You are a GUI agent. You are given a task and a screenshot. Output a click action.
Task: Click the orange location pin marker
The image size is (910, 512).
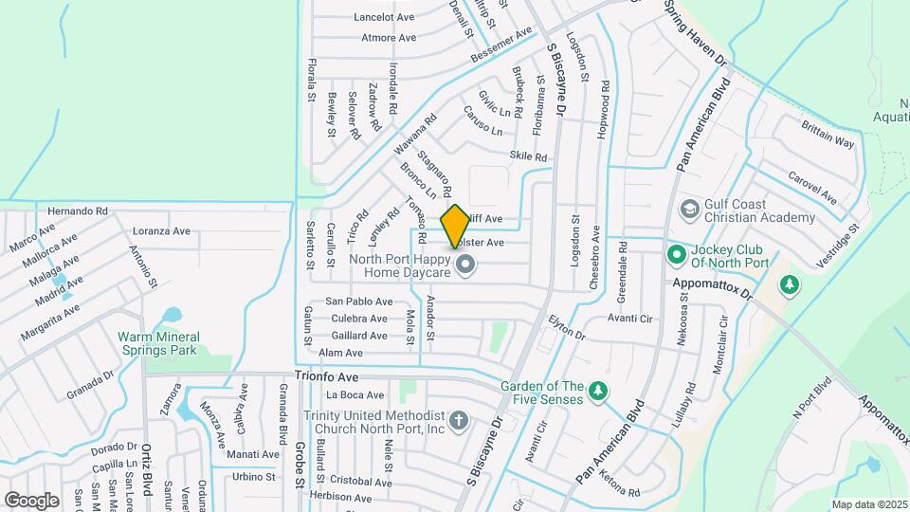tap(455, 226)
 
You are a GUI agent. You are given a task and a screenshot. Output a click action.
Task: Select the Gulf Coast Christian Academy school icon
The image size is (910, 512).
tap(689, 208)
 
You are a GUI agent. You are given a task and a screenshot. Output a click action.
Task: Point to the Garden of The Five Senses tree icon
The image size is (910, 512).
tap(597, 390)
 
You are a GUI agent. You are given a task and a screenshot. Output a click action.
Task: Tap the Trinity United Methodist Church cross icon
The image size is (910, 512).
tap(458, 420)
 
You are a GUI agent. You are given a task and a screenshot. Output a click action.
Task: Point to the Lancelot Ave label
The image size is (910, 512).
tap(384, 17)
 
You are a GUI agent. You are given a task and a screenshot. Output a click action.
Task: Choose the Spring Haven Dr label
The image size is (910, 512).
tap(695, 32)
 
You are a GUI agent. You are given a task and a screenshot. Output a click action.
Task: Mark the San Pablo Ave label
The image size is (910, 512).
tap(358, 301)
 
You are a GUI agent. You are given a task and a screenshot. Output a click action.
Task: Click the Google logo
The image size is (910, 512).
tap(31, 500)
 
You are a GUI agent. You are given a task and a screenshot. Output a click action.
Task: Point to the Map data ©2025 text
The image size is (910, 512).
tap(870, 504)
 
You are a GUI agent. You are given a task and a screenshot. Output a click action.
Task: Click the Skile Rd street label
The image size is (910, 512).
tap(529, 156)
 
